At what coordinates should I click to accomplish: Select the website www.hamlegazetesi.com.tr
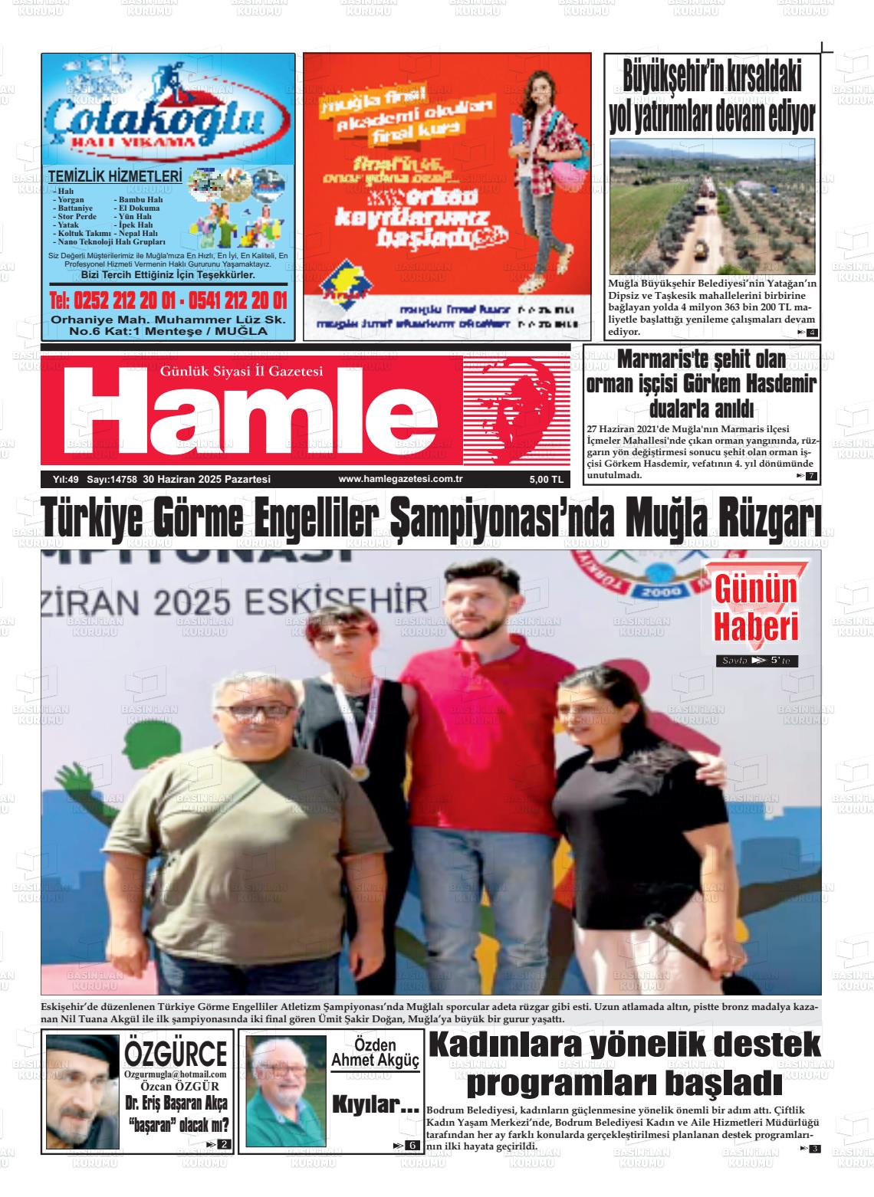click(x=401, y=479)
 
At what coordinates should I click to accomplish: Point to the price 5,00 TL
click(x=546, y=480)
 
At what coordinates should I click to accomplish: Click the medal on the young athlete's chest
click(x=359, y=769)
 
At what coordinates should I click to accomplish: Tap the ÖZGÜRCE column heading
click(x=176, y=1054)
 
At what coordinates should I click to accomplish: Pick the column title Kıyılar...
click(x=375, y=1105)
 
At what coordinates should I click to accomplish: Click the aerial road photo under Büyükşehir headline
click(x=713, y=207)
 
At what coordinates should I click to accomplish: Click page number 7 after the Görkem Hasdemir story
click(x=810, y=476)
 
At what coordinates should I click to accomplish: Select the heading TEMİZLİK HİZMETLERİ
click(x=115, y=177)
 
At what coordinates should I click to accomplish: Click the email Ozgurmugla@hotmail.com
click(x=175, y=1074)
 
